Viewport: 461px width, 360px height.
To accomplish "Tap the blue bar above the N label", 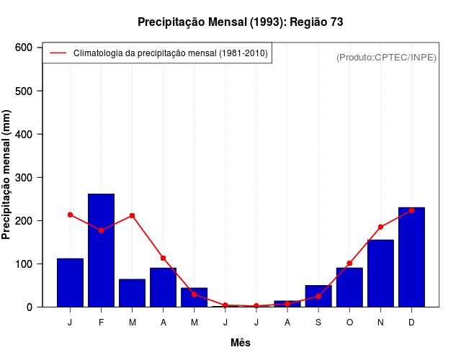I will point(380,273).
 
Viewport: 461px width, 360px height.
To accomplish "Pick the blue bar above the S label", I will point(318,296).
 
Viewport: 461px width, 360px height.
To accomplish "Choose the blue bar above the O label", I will point(349,287).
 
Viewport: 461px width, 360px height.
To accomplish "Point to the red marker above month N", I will point(380,227).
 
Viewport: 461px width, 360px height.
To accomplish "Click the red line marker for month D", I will point(411,210).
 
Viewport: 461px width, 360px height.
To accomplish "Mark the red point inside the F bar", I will point(101,230).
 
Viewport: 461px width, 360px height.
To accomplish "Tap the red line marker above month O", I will point(349,264).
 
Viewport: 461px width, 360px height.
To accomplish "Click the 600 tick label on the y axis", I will point(24,48).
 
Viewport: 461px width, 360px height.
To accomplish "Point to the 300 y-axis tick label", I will point(24,177).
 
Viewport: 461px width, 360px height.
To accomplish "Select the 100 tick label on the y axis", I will point(24,264).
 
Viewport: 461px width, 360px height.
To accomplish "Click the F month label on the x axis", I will point(101,323).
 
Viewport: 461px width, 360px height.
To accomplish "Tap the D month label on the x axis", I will point(411,323).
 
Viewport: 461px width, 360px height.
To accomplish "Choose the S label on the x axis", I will point(318,323).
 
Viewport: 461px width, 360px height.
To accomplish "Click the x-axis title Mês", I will point(241,343).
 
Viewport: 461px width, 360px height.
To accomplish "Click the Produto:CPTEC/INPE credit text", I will point(386,57).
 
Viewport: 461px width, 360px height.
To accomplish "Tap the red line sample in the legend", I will point(58,53).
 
